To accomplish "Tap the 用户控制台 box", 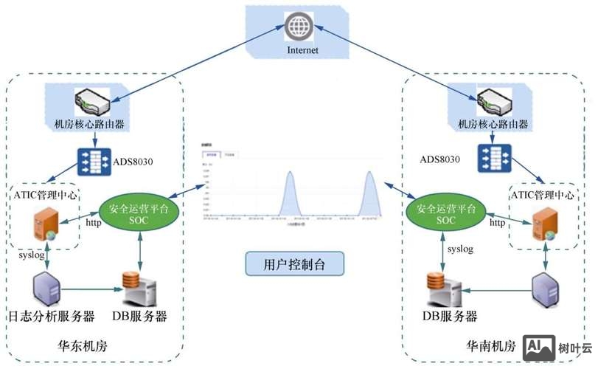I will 293,263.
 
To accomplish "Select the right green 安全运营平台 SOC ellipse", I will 445,215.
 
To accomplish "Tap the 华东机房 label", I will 83,345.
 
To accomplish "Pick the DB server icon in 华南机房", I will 445,288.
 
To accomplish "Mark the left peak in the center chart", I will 290,174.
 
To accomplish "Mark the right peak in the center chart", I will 369,174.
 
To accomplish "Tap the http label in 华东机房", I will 93,221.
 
